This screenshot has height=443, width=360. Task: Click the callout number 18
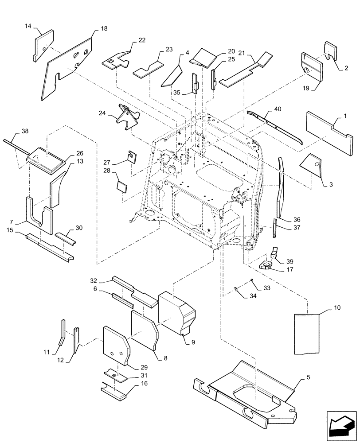click(x=104, y=28)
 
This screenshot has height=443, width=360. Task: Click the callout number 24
click(x=103, y=113)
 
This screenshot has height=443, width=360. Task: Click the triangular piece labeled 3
click(x=313, y=163)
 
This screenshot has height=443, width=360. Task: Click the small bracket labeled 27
click(x=132, y=156)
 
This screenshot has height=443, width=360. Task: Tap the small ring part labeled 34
click(x=236, y=290)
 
